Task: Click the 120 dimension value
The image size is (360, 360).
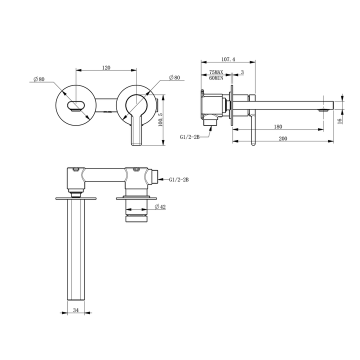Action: point(105,67)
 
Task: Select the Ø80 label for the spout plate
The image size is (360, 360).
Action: point(38,79)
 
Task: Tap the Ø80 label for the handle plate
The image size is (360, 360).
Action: point(174,77)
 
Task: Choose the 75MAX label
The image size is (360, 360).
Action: point(216,72)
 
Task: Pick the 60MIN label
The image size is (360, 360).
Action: point(216,78)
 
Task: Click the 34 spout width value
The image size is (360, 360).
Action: point(76,310)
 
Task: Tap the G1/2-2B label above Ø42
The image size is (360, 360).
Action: point(178,178)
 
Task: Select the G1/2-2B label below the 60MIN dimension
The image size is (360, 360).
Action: point(190,136)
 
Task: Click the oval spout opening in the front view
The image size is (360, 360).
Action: point(75,105)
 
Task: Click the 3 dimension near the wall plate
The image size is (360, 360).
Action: point(242,72)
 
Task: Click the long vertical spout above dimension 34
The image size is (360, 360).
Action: point(76,250)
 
